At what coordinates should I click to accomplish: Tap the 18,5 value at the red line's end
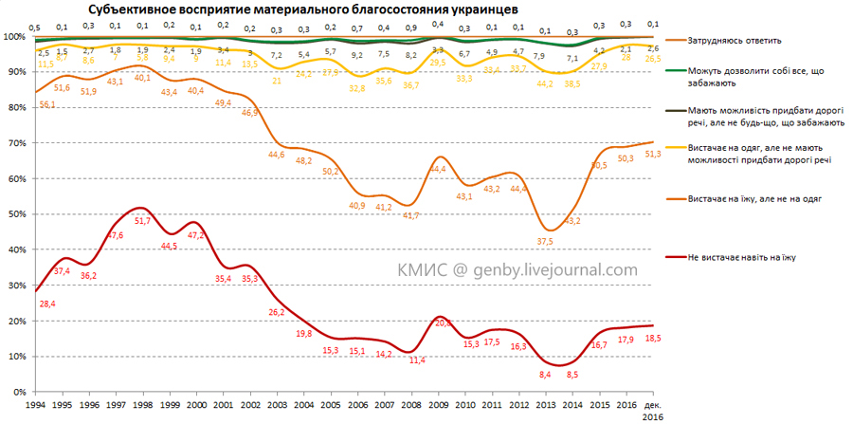tap(654, 338)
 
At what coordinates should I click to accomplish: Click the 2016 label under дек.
tap(654, 415)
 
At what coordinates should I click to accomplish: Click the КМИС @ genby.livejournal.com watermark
tap(517, 270)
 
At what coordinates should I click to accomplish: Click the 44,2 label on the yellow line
tap(544, 83)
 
